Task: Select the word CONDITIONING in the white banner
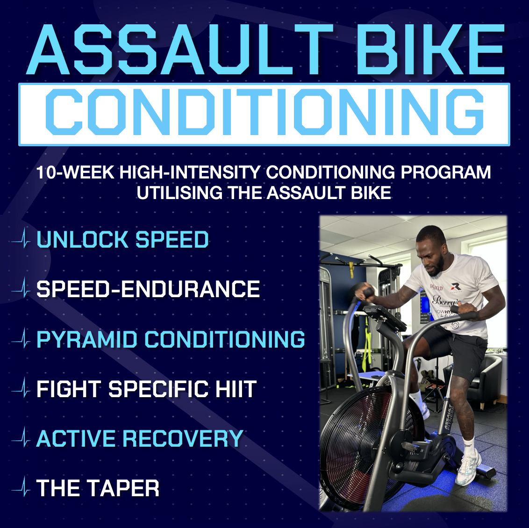tap(264, 112)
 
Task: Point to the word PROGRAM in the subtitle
tap(445, 172)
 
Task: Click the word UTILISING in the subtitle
tap(179, 193)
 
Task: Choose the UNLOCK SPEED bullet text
tap(122, 240)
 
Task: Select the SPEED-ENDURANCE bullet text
tap(148, 289)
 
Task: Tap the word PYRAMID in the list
tap(87, 339)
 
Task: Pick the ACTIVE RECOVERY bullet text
tap(140, 439)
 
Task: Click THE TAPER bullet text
tap(98, 488)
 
